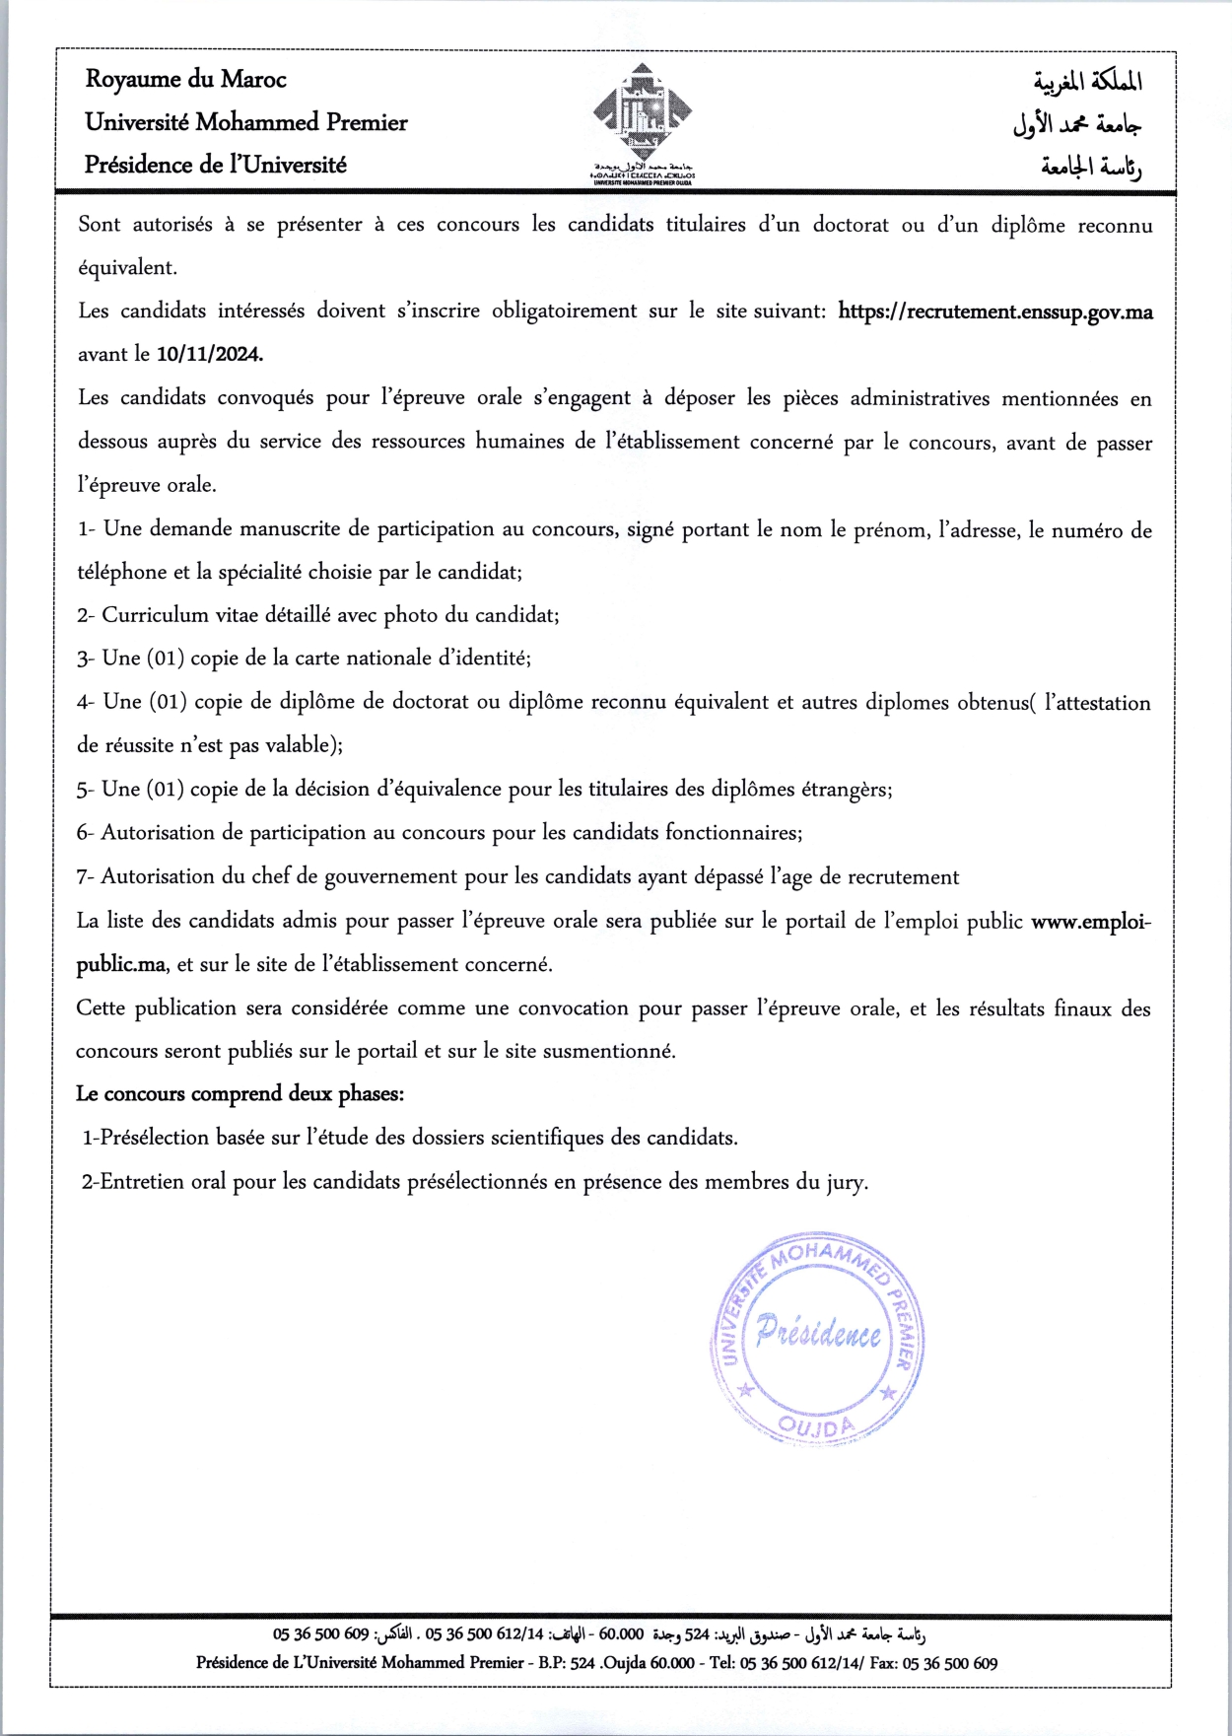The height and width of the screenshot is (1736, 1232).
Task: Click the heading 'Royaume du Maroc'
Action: (x=185, y=80)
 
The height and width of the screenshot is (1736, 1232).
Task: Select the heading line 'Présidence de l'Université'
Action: (x=215, y=165)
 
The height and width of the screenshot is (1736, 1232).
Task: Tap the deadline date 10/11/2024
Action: (x=209, y=354)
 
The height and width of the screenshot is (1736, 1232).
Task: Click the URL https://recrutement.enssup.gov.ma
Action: (x=994, y=312)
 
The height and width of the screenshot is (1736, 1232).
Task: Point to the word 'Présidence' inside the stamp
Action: (x=818, y=1334)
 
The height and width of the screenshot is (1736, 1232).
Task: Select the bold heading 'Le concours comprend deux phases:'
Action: (x=240, y=1093)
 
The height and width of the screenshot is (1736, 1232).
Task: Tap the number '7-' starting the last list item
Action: (x=86, y=876)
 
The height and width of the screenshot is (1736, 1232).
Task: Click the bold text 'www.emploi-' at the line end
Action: (x=1090, y=922)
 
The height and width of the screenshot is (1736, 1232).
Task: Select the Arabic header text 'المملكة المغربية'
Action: (x=1088, y=81)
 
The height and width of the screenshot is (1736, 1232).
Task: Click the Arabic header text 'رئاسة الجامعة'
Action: (x=1091, y=167)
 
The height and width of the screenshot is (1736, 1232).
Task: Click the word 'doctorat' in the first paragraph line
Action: (x=851, y=225)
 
